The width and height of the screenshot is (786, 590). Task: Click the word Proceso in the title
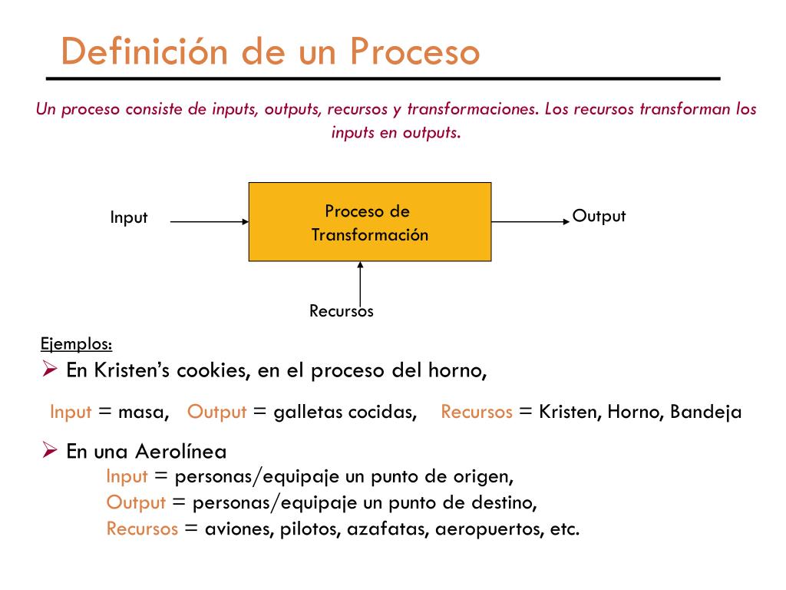[415, 52]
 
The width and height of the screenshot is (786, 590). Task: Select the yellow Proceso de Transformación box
[369, 222]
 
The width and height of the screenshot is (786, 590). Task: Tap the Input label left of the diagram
[128, 217]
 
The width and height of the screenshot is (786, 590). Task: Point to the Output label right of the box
[599, 216]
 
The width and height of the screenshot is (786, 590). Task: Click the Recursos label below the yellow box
[341, 311]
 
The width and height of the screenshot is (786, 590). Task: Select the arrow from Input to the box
[209, 222]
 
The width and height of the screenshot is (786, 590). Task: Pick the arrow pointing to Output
[530, 222]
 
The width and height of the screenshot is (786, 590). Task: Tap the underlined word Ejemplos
[76, 343]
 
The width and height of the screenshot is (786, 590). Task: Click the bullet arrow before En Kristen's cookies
[50, 370]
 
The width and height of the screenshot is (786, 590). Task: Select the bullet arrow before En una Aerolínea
[50, 451]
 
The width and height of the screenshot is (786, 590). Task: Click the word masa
[144, 412]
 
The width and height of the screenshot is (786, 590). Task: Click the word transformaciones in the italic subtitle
[471, 109]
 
